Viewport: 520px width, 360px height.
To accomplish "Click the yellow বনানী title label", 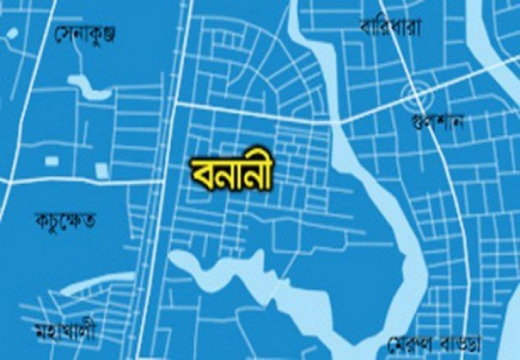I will (x=230, y=173).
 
